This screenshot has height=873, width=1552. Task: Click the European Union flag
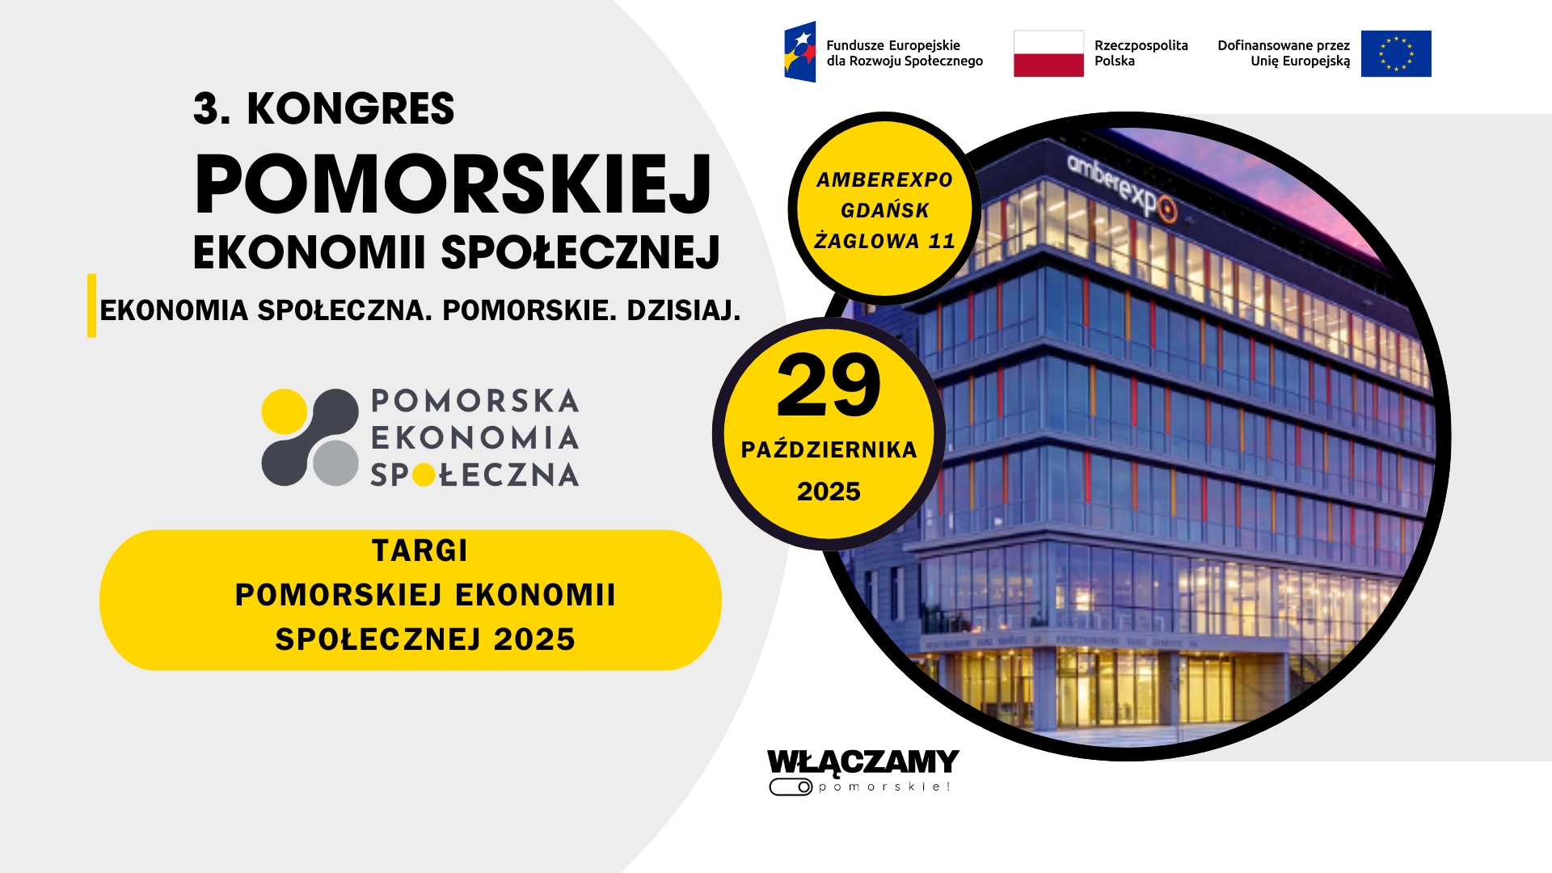(x=1396, y=53)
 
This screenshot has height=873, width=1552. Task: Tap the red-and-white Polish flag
(x=1048, y=53)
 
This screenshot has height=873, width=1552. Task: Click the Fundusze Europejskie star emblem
(x=799, y=52)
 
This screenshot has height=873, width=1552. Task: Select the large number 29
(x=829, y=386)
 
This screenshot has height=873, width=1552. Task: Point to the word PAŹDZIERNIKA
(x=829, y=449)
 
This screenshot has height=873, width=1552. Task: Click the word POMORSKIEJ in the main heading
(x=453, y=184)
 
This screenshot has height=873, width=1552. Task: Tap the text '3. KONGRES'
(x=324, y=108)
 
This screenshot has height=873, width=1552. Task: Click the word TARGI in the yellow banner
(x=420, y=550)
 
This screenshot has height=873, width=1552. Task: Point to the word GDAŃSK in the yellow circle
(x=885, y=210)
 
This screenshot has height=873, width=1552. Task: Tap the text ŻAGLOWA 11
(x=885, y=241)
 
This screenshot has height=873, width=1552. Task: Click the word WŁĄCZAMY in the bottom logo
(x=863, y=761)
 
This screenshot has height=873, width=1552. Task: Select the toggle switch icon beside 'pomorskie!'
(x=791, y=787)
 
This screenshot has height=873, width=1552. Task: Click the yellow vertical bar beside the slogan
(x=92, y=306)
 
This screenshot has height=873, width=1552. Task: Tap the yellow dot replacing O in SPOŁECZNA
(x=424, y=475)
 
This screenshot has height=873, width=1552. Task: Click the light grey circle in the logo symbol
(x=335, y=462)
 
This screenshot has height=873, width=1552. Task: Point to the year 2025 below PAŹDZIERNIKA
(x=829, y=491)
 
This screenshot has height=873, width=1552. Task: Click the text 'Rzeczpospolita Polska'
(x=1141, y=53)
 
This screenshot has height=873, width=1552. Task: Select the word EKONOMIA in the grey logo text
(x=475, y=438)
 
